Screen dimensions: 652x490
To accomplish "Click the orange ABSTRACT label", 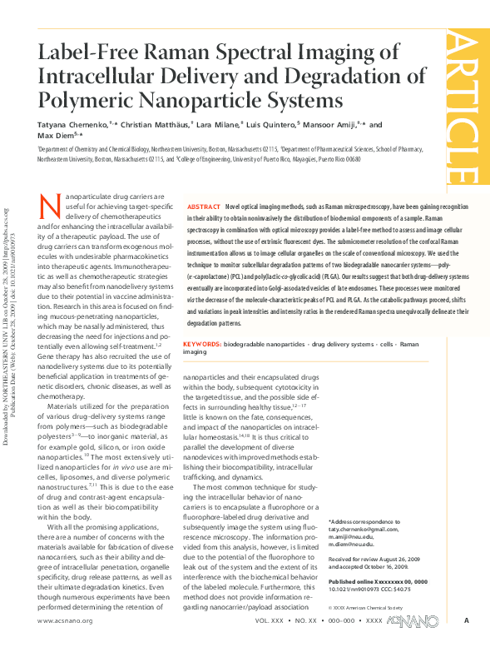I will coord(204,206).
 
